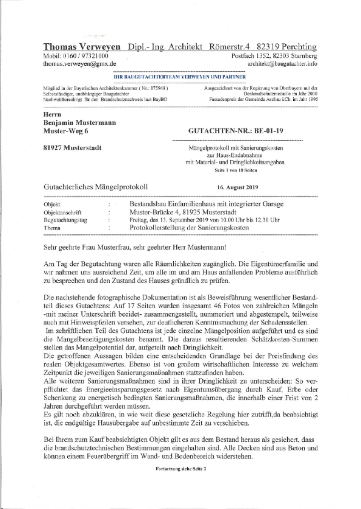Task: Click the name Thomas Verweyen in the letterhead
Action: click(x=81, y=47)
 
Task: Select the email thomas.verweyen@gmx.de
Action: click(x=79, y=64)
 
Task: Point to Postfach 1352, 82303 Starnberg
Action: click(x=274, y=56)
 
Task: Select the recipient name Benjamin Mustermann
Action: click(x=79, y=122)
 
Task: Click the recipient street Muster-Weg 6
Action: click(x=65, y=131)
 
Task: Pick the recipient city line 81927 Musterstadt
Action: click(x=72, y=147)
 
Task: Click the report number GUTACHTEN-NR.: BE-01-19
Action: click(x=236, y=131)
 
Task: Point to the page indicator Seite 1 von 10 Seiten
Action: click(x=235, y=170)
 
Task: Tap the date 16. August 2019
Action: click(x=238, y=187)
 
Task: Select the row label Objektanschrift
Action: click(x=62, y=212)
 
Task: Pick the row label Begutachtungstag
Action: click(x=65, y=220)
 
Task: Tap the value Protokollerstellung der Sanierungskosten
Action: click(x=189, y=227)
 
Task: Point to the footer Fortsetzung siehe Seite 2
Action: click(x=180, y=469)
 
